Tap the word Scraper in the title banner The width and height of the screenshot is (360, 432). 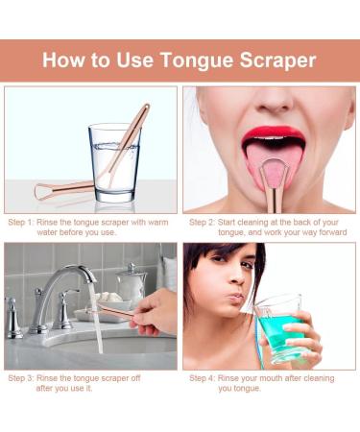278,60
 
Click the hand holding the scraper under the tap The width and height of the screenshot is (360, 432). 157,312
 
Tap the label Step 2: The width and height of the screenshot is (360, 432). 204,221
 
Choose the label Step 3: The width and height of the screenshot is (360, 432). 25,378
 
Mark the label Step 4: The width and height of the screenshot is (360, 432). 204,378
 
